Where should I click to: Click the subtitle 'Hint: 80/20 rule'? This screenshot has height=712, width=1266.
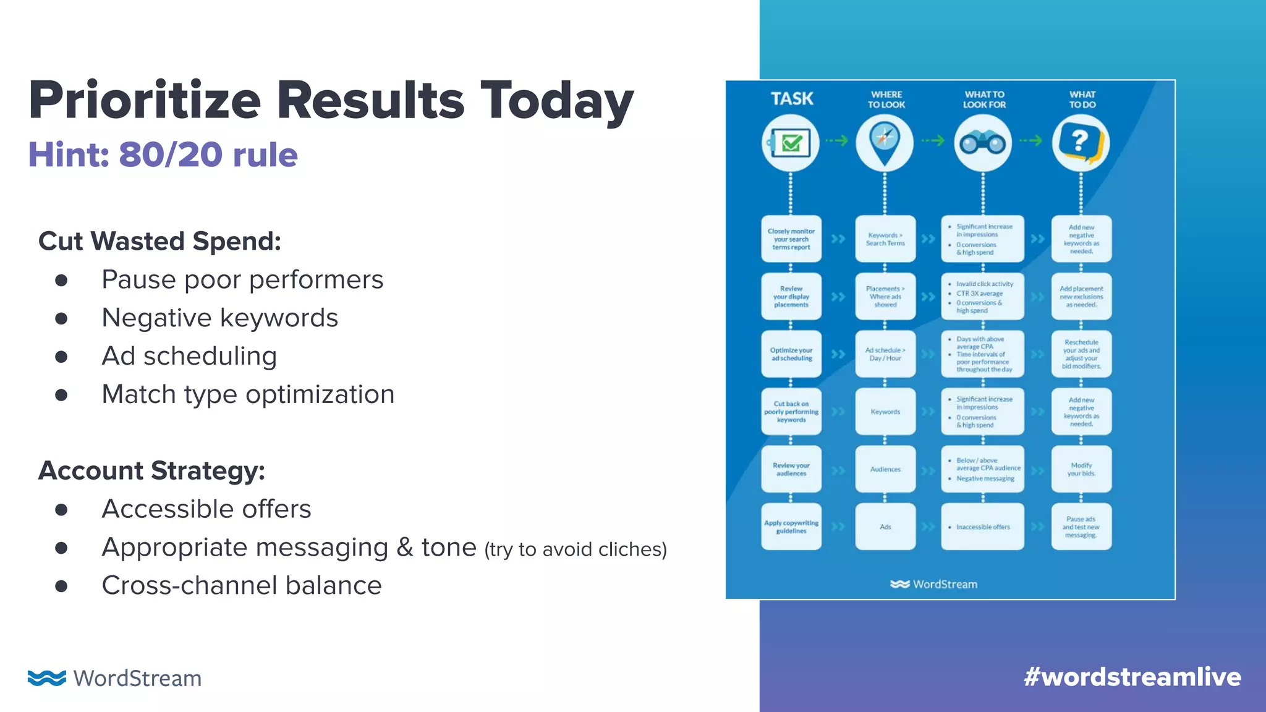click(x=163, y=155)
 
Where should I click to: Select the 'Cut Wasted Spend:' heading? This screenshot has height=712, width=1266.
click(x=159, y=241)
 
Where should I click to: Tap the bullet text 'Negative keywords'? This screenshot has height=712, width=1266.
click(x=219, y=318)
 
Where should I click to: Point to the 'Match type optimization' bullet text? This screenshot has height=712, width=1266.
click(x=248, y=394)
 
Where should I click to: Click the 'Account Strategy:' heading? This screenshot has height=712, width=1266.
click(x=151, y=471)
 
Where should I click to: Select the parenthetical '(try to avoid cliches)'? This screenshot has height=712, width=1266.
click(x=576, y=549)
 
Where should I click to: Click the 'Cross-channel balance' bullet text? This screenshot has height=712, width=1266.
click(x=241, y=586)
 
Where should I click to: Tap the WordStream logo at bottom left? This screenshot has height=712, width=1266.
click(x=115, y=678)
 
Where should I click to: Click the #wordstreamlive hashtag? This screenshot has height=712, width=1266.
click(x=1132, y=677)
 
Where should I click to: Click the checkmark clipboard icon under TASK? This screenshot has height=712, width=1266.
click(x=791, y=143)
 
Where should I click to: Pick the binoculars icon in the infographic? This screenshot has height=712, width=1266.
click(x=982, y=143)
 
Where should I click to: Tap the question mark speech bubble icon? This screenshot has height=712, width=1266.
click(x=1081, y=143)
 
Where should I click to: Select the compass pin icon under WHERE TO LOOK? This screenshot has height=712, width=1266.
click(x=885, y=142)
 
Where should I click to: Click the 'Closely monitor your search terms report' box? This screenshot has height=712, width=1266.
click(x=791, y=239)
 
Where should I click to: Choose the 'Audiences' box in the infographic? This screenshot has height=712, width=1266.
click(x=885, y=470)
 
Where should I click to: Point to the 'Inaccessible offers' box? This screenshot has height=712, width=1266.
click(x=982, y=527)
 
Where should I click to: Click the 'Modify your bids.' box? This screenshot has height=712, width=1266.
click(x=1081, y=470)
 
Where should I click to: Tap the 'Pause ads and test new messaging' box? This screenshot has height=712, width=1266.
click(x=1081, y=527)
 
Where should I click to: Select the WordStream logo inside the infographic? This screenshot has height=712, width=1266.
click(x=934, y=584)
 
